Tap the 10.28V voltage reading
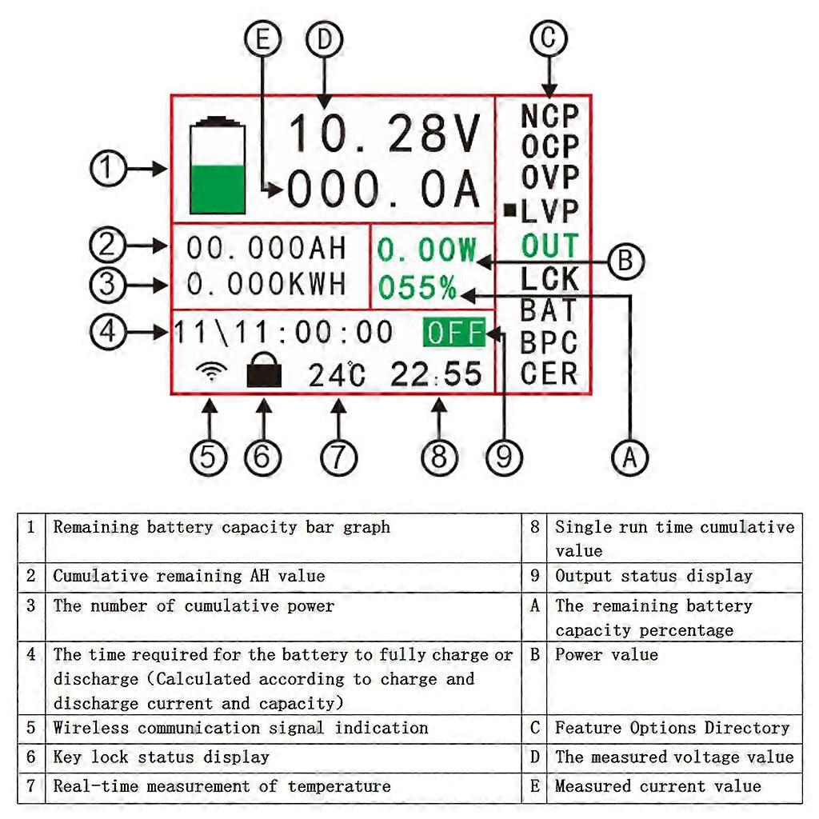coord(385,134)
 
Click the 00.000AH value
coord(266,248)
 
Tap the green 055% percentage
coord(417,288)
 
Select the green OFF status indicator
coord(454,333)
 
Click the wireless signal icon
coord(212,372)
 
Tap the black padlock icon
coord(264,373)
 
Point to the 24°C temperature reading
coord(336,374)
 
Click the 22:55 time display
coord(437,374)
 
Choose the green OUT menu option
coord(549,246)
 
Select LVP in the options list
coord(549,212)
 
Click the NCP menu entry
coord(549,116)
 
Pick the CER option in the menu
coord(549,374)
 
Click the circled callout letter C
coord(549,38)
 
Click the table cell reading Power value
coord(606,655)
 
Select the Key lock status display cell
coord(161,757)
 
